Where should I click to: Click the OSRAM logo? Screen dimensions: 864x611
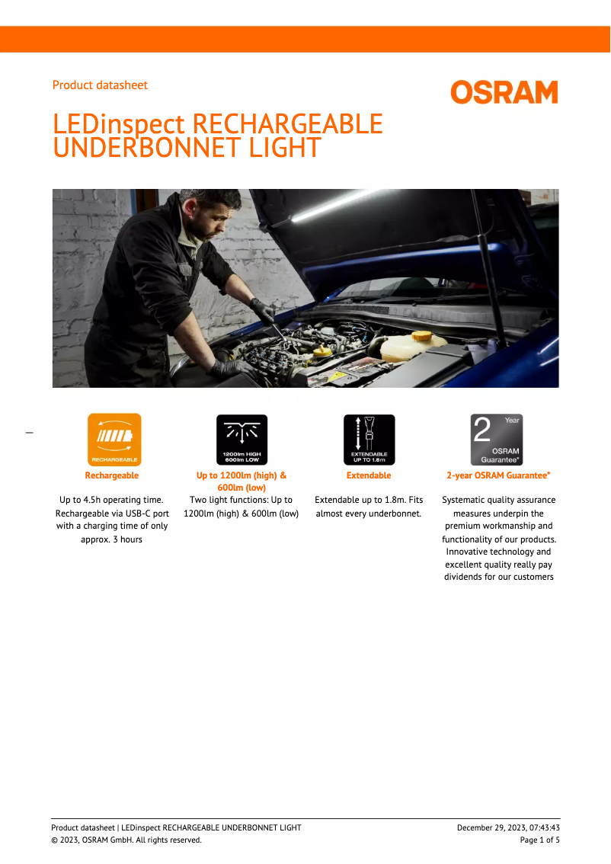coord(504,92)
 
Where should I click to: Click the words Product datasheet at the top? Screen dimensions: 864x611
coord(100,85)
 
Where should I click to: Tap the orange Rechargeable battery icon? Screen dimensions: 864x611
coord(114,440)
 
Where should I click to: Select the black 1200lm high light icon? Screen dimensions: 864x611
coord(242,440)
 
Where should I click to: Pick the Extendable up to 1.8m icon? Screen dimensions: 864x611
coord(369,440)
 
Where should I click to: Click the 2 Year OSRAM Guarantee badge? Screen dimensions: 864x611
coord(496,440)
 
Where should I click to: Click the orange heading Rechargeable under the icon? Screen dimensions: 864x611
coord(112,475)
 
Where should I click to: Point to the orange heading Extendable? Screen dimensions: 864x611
coord(369,475)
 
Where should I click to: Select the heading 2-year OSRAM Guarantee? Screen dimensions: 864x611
coord(498,475)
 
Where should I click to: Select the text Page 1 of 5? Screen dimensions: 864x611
coord(539,840)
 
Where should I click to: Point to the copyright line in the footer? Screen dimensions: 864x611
coord(126,840)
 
